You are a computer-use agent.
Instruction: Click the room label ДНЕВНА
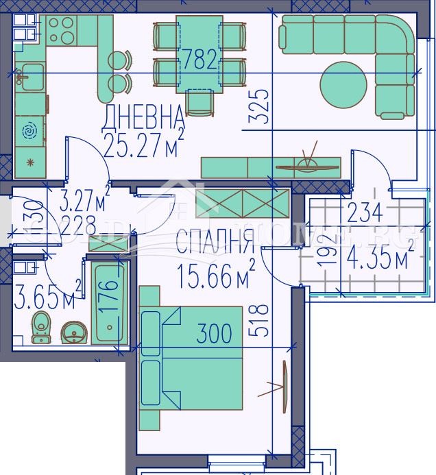(143, 117)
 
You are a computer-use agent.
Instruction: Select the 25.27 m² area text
(144, 144)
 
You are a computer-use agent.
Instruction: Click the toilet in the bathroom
(43, 328)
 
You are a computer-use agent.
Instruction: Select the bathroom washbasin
(73, 333)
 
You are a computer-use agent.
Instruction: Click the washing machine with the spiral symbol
(29, 130)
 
